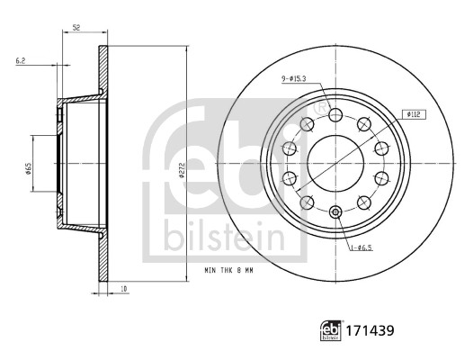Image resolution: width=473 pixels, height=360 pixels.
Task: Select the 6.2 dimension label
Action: click(x=20, y=60)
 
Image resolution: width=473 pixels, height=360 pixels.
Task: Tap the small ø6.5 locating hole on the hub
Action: click(x=335, y=212)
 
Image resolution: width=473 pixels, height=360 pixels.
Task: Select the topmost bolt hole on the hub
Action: click(x=335, y=115)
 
